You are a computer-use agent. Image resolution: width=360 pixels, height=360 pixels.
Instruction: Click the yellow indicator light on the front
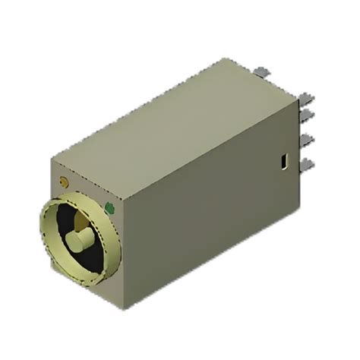(x=63, y=182)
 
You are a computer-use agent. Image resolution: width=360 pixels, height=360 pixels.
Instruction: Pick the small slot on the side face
(x=282, y=161)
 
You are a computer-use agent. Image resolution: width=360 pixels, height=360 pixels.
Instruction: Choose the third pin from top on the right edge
(x=308, y=140)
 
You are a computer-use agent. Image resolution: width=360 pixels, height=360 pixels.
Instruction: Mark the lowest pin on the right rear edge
(x=308, y=164)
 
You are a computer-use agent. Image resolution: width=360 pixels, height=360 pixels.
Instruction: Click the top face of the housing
(x=175, y=122)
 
